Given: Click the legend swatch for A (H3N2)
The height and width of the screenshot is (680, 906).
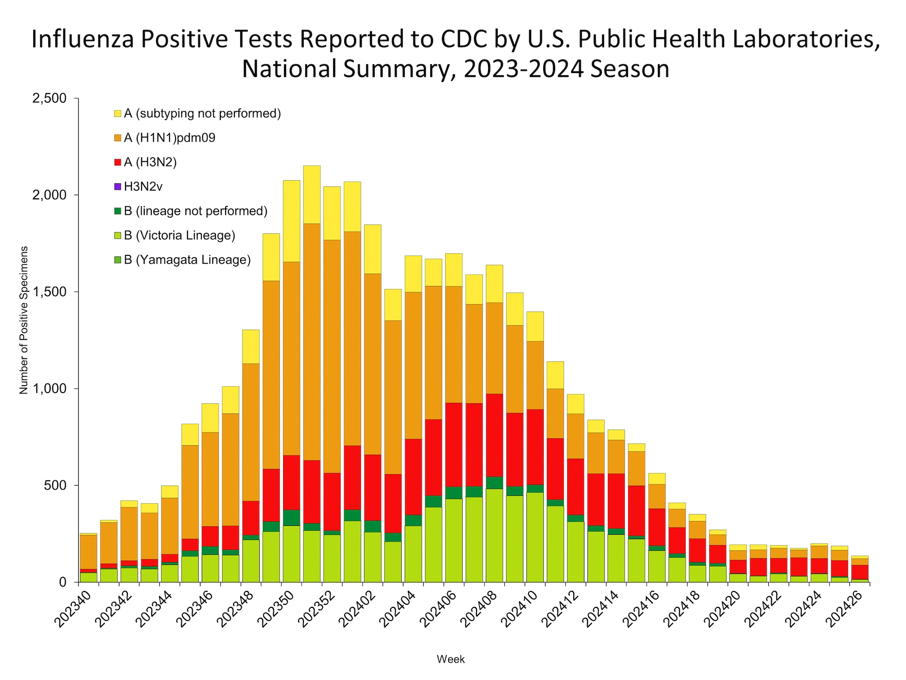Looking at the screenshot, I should [x=118, y=162].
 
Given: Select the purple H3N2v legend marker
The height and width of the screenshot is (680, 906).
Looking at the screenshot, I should [x=118, y=187].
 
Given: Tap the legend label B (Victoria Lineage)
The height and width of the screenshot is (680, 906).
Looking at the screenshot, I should [x=179, y=236].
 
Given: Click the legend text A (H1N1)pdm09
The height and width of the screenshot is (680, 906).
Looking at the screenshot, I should [x=169, y=138].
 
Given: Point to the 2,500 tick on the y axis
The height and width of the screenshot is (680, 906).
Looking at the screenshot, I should [x=49, y=98].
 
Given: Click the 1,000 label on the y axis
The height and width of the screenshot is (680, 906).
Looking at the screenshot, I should [x=49, y=389].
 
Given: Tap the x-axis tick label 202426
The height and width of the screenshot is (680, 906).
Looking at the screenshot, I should [x=844, y=609].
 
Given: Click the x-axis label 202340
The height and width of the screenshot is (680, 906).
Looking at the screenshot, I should [x=74, y=609].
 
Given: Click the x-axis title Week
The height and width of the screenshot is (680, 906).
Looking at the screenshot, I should [x=450, y=659].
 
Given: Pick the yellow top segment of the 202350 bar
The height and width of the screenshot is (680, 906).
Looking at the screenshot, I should [x=291, y=220].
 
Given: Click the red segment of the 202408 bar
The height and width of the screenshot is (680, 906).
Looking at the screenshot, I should [x=494, y=435].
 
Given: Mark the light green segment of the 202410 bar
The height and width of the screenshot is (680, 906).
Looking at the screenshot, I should [x=535, y=537].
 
